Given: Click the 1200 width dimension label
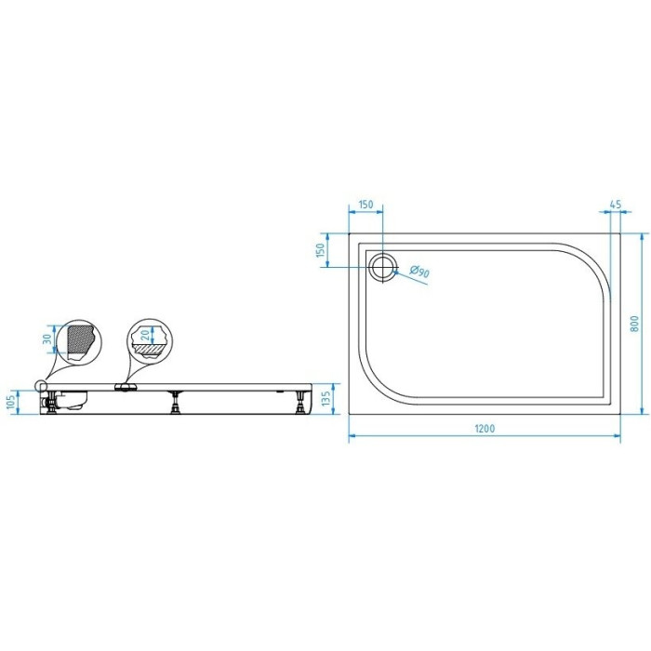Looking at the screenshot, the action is pyautogui.click(x=485, y=428).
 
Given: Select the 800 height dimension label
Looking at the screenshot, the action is pyautogui.click(x=634, y=324).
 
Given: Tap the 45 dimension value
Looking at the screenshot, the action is pyautogui.click(x=616, y=205).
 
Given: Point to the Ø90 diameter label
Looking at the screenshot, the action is pyautogui.click(x=419, y=272).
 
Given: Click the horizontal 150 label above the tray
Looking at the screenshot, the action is pyautogui.click(x=365, y=205).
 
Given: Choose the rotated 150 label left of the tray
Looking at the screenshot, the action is pyautogui.click(x=320, y=250).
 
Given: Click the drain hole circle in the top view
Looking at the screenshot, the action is pyautogui.click(x=383, y=267).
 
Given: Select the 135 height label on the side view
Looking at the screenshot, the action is pyautogui.click(x=325, y=399).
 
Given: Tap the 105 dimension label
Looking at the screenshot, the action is pyautogui.click(x=11, y=402).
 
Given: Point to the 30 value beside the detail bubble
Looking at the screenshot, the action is pyautogui.click(x=47, y=339).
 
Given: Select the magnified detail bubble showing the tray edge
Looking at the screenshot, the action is pyautogui.click(x=79, y=342).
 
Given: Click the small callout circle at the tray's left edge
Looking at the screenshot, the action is pyautogui.click(x=41, y=386).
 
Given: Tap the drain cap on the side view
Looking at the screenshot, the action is pyautogui.click(x=125, y=387).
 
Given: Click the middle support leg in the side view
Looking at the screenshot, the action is pyautogui.click(x=176, y=402).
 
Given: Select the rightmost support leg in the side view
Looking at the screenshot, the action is pyautogui.click(x=300, y=402).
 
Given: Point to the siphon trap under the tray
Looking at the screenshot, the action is pyautogui.click(x=71, y=401).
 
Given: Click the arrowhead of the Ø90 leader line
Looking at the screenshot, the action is pyautogui.click(x=395, y=272).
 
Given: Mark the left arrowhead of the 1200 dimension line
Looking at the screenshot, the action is pyautogui.click(x=352, y=435).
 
